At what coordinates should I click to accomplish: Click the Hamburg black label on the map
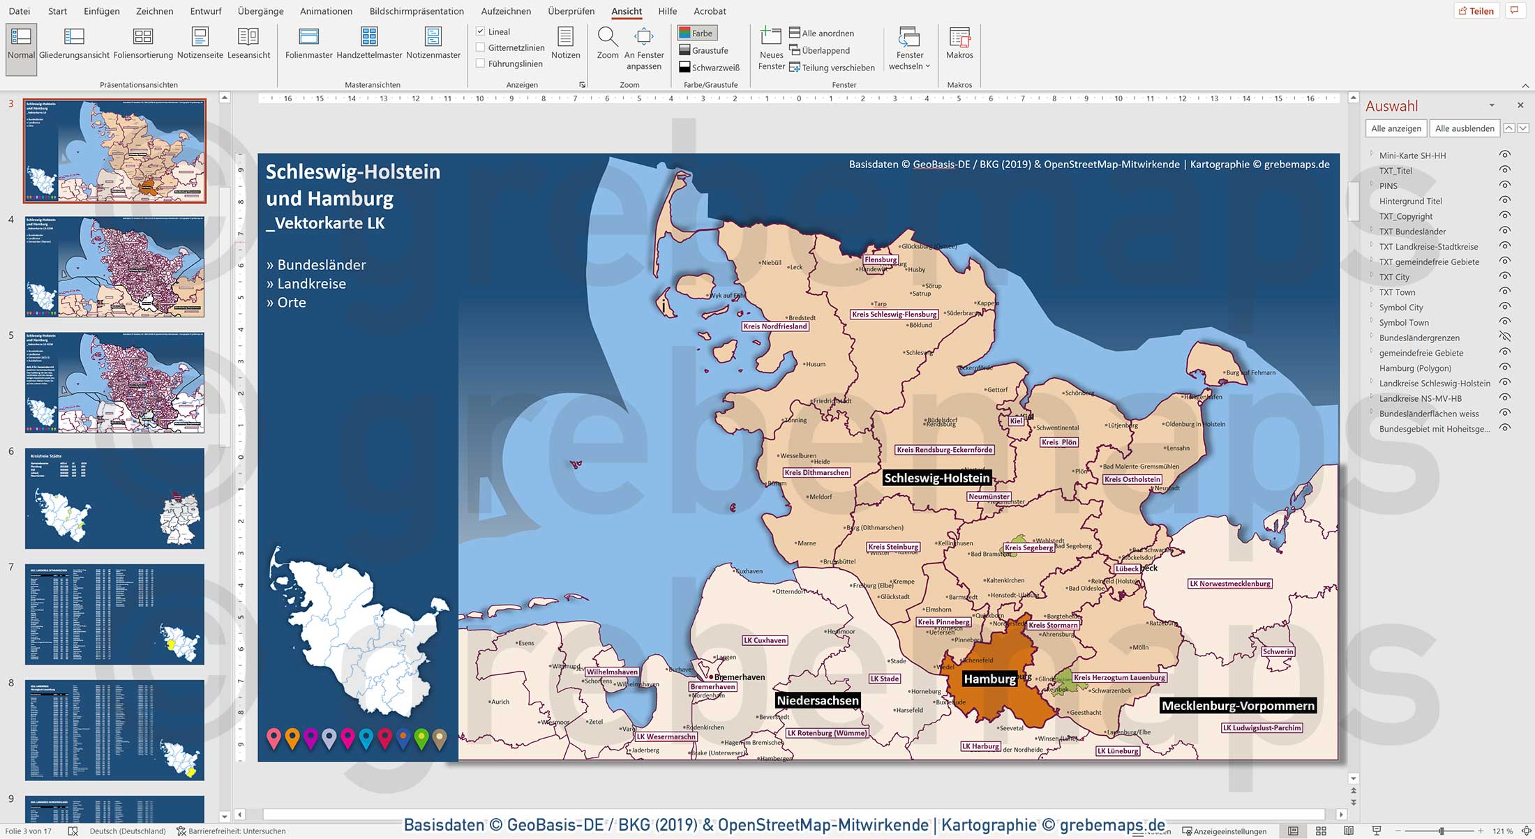point(989,679)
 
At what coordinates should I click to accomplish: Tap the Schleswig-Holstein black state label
point(936,478)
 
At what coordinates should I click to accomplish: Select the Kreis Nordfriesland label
point(774,326)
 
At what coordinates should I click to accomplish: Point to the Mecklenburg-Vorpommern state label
point(1237,705)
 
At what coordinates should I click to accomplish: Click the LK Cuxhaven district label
point(765,640)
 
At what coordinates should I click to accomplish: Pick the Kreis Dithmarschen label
point(816,473)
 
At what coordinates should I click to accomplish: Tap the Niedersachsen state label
point(817,700)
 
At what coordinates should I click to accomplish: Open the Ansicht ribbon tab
point(626,11)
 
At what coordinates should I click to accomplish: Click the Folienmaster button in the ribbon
point(308,43)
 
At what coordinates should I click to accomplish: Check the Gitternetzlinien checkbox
point(481,47)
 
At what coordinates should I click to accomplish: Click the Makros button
point(959,43)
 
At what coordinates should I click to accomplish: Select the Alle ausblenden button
point(1464,128)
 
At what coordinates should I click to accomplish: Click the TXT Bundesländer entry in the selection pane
point(1412,232)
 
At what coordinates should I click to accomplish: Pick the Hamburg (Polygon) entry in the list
point(1415,368)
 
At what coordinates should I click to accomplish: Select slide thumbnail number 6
point(114,498)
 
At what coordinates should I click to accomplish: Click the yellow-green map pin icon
point(421,738)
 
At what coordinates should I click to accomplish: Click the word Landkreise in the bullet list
point(311,284)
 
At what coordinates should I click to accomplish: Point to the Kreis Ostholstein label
point(1132,479)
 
